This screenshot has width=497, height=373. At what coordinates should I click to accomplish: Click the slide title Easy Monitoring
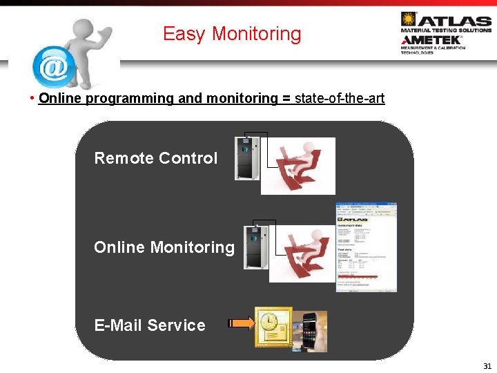tap(232, 34)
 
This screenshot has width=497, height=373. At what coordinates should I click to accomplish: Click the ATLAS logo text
tap(455, 21)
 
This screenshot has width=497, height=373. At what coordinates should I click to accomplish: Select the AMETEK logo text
tap(431, 40)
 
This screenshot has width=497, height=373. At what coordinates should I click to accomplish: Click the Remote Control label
tap(155, 158)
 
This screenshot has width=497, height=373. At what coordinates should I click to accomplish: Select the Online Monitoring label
tap(164, 247)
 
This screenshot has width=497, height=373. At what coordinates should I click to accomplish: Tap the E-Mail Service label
tap(150, 325)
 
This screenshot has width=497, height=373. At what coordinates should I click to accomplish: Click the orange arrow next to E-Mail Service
tap(240, 323)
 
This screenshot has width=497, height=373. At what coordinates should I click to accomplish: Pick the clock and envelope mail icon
tap(273, 327)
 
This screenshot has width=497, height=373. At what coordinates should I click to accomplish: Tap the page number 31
tap(487, 366)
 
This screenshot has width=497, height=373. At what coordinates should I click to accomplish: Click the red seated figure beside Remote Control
tap(302, 166)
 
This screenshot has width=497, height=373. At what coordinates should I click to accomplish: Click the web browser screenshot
tap(366, 247)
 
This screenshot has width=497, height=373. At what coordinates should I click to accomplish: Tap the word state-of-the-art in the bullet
tap(340, 98)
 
